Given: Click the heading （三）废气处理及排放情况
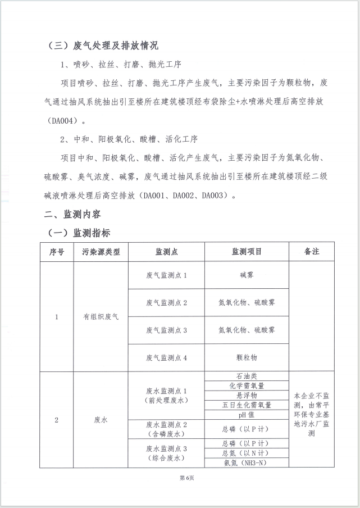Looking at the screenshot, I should pos(105,45).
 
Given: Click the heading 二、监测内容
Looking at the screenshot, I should pos(73,214).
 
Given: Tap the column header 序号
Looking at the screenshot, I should pos(57,252).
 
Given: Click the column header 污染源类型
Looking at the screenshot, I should pos(101,252).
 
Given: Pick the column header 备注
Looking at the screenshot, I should pos(312,252).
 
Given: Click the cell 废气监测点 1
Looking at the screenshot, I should pos(166,275).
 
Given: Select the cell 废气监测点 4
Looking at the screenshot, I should pos(166,357).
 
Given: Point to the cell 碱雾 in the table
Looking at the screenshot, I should pos(247,275).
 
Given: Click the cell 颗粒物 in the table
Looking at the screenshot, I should pos(247,357).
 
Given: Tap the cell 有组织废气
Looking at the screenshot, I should pos(101,317).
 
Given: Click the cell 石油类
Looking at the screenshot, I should pos(247,376).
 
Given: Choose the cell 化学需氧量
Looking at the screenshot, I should pos(247,385).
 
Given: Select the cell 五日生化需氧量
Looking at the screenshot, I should pos(247,405).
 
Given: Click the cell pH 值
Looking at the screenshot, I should pos(247,414).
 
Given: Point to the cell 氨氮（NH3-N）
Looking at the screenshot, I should pos(247,462).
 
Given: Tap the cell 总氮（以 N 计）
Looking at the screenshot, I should pos(247,453).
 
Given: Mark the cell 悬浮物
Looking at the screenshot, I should pos(247,395).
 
